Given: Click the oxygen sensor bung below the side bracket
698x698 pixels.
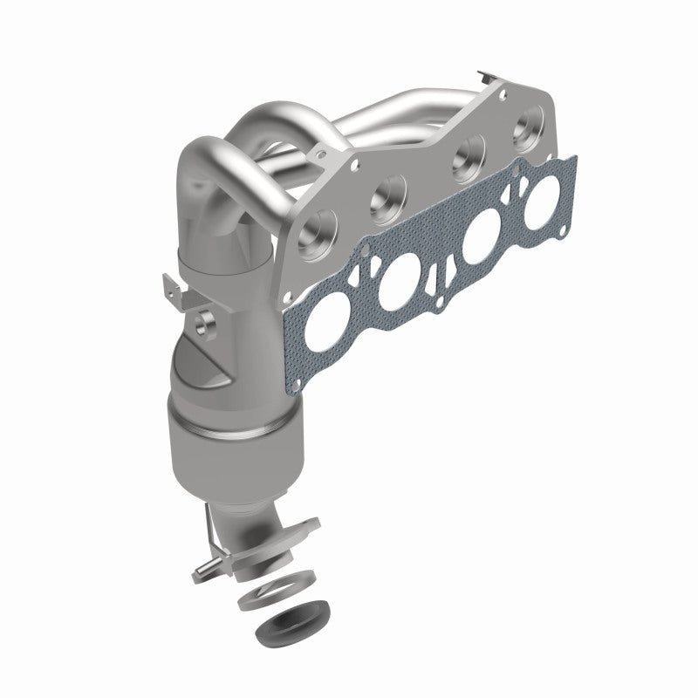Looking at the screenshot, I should [207, 324].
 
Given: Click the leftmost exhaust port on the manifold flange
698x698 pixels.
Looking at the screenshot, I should [318, 229].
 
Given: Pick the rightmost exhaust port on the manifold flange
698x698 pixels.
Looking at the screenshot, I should [530, 132].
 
